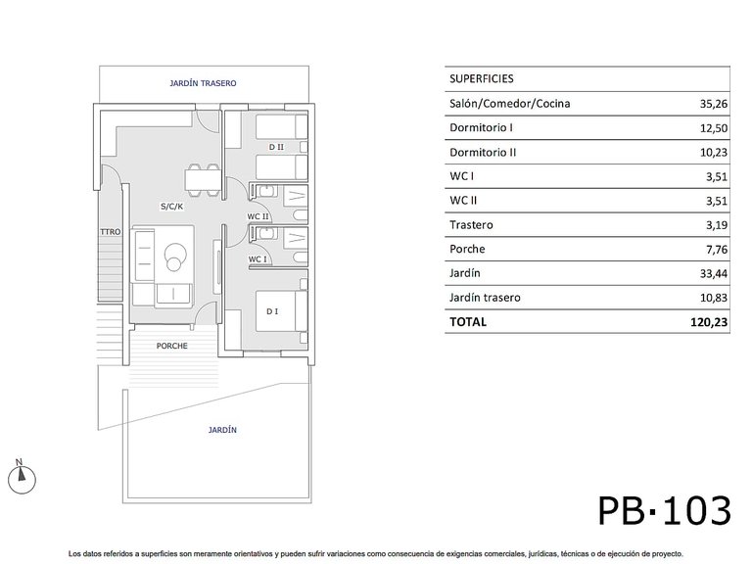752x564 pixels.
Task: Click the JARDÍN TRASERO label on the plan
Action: point(203,83)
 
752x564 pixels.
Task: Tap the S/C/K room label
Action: point(171,207)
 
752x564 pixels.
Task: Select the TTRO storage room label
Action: point(111,232)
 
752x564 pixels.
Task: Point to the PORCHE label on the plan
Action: point(171,346)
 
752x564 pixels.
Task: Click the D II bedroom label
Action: point(276,147)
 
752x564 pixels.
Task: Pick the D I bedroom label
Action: point(272,311)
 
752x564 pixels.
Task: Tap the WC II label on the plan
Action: point(258,216)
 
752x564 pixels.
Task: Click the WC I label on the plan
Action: point(258,258)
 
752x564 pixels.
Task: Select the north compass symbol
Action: point(22,477)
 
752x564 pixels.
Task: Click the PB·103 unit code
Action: point(664,510)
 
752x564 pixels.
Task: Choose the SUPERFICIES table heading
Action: point(482,78)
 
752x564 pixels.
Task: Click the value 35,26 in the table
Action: point(714,104)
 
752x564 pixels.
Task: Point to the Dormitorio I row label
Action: point(481,127)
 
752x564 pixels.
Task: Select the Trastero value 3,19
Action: point(717,225)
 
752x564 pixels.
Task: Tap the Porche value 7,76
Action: point(717,250)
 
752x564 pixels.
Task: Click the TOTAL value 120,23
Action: point(709,322)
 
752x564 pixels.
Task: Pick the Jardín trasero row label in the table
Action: point(485,298)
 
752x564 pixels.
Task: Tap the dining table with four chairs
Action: point(203,180)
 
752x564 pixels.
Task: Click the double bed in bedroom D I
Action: point(282,310)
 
